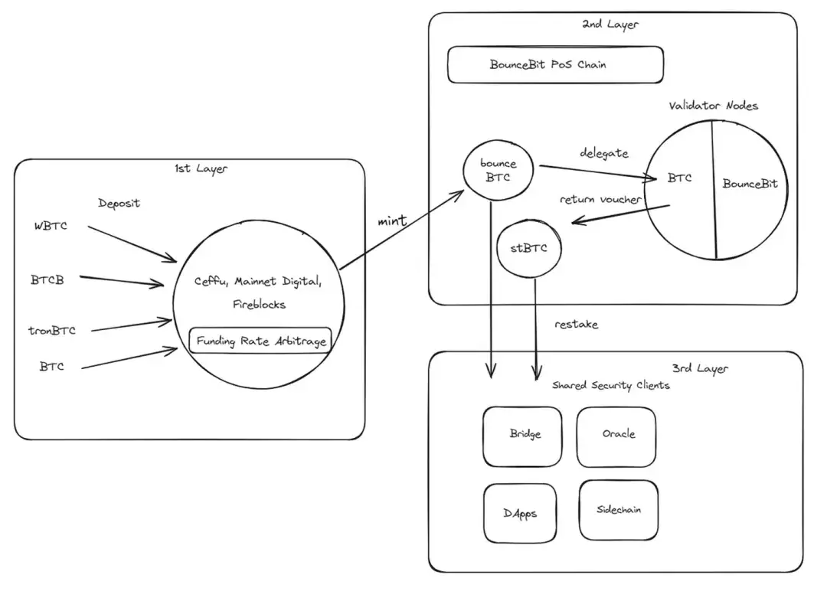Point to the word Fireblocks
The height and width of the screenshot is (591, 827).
tap(259, 305)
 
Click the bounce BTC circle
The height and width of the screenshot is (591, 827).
tap(498, 171)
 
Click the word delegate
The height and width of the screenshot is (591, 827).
tap(603, 153)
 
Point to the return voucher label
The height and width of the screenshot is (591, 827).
tap(600, 200)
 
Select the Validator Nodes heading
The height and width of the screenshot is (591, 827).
tap(712, 106)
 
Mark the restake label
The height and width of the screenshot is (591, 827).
tap(576, 325)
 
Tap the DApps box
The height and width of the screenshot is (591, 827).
tap(520, 513)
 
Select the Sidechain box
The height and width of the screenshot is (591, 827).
tap(619, 510)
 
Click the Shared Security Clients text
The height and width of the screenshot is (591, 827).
tap(610, 386)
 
